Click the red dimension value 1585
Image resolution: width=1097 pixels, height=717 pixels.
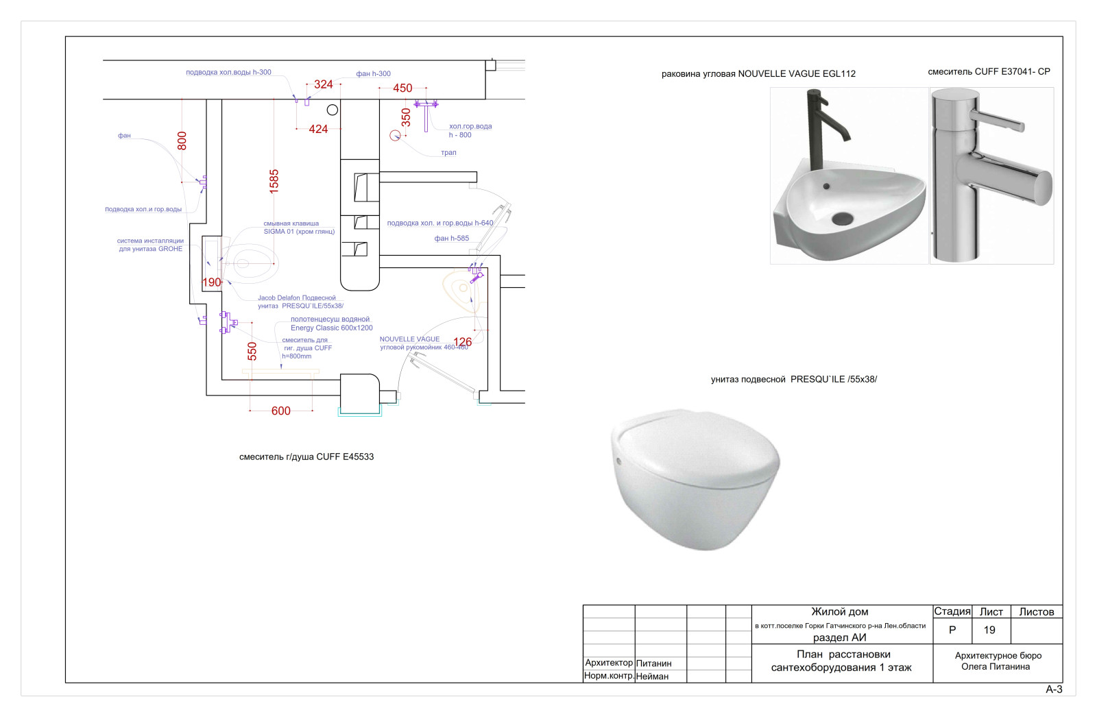(x=274, y=181)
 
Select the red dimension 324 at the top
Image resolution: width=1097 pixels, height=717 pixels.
(x=323, y=84)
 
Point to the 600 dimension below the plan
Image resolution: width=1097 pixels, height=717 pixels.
(x=281, y=411)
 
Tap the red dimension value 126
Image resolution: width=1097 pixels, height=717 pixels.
(x=463, y=341)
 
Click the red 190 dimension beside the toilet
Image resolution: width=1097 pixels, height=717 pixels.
(x=211, y=282)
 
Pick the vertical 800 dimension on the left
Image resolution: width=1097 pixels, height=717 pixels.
(x=182, y=141)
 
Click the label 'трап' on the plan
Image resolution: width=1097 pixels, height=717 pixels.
(x=448, y=153)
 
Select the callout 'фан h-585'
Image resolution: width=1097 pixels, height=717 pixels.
(x=452, y=239)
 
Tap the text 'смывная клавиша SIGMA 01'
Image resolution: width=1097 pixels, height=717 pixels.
(x=299, y=228)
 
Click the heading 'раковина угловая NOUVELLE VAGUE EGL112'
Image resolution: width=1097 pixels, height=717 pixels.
(x=758, y=74)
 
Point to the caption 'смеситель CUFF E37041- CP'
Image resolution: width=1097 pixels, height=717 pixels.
(x=989, y=71)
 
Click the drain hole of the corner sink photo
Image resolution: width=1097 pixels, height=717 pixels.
(x=843, y=219)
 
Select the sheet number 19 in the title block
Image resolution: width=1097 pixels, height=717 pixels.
(x=989, y=630)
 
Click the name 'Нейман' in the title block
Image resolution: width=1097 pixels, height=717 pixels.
(x=652, y=677)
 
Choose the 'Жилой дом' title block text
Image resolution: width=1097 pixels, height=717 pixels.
(x=840, y=611)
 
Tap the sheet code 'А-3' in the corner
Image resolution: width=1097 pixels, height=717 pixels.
(x=1054, y=690)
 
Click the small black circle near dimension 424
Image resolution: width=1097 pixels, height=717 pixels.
(x=333, y=110)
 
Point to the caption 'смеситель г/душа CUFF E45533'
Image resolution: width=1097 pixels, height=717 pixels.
(x=306, y=457)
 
